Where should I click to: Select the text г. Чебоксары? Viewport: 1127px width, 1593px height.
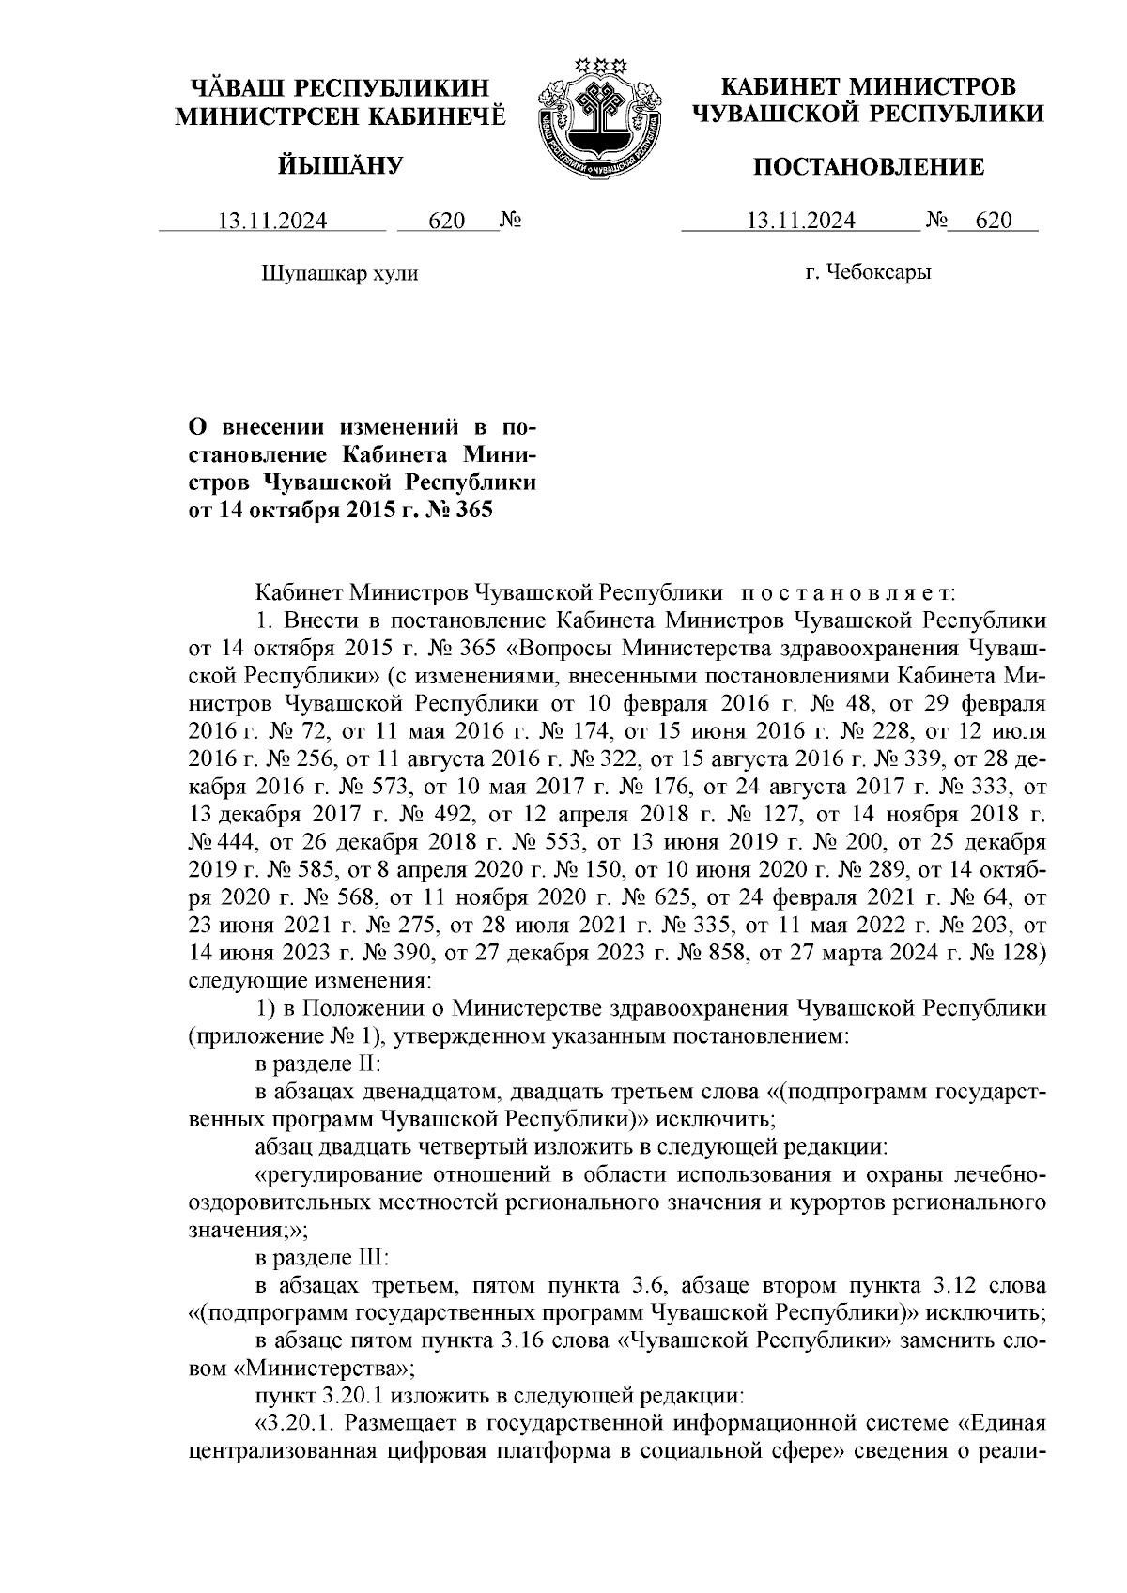[x=868, y=273]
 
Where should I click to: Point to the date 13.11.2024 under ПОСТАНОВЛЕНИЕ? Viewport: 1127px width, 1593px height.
[x=800, y=221]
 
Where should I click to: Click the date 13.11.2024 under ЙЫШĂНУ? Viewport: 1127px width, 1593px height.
[x=272, y=221]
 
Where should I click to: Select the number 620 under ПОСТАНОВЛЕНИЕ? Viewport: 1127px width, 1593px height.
[x=994, y=221]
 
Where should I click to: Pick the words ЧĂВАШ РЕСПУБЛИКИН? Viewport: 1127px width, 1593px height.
[x=340, y=87]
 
